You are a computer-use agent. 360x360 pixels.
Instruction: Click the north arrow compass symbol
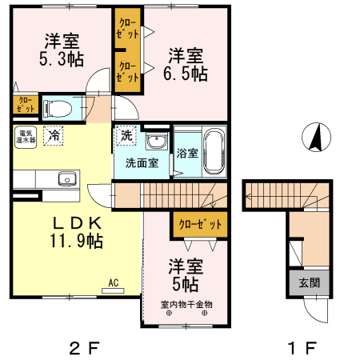point(315,138)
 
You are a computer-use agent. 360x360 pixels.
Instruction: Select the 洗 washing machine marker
point(126,135)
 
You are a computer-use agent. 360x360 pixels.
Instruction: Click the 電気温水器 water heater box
point(22,136)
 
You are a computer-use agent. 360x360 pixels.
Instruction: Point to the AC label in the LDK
point(113,281)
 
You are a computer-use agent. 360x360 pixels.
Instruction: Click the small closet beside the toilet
point(25,104)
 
